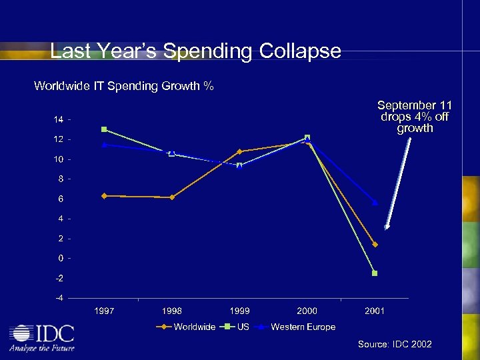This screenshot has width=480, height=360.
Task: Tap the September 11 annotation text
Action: click(x=415, y=117)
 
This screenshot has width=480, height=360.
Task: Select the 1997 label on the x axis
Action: click(x=104, y=311)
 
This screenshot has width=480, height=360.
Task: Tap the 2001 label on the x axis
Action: click(x=375, y=311)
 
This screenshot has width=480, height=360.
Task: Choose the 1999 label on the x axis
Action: click(x=239, y=311)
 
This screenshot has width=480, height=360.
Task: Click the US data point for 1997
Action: click(x=104, y=129)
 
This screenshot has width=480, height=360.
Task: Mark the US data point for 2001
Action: click(x=375, y=273)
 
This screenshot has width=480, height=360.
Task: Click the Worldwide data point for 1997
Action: click(x=104, y=195)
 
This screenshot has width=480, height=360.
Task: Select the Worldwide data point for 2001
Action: click(x=375, y=245)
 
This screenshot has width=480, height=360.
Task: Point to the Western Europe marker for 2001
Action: click(x=375, y=202)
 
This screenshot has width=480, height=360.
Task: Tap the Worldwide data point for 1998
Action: click(x=172, y=197)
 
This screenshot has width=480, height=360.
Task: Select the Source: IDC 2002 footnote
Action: click(x=395, y=344)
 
